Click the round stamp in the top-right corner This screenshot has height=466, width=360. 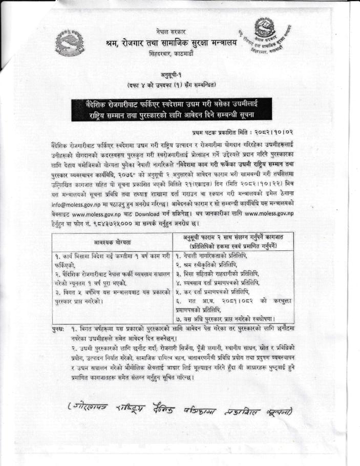(x=271, y=37)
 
